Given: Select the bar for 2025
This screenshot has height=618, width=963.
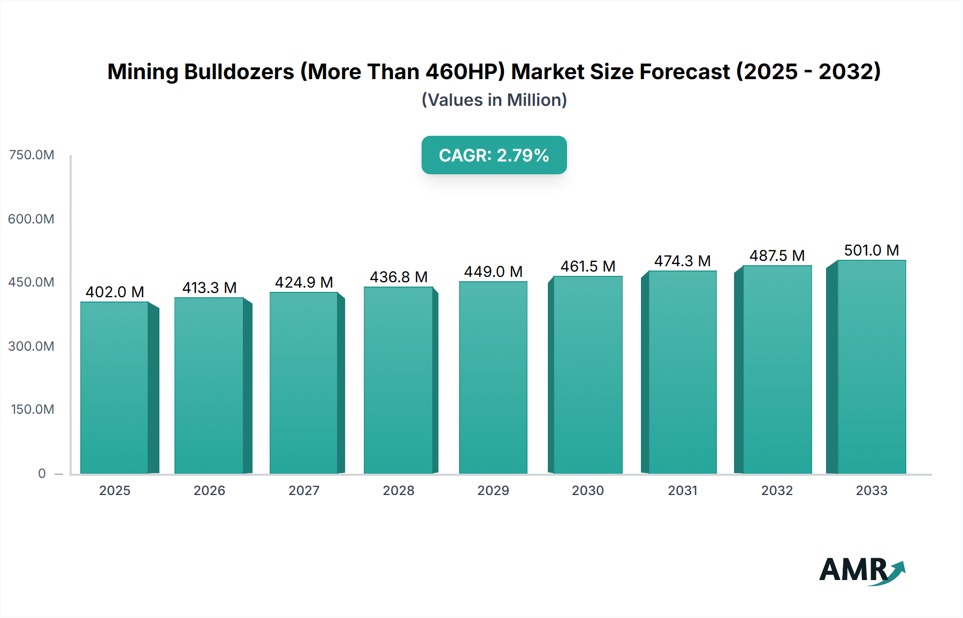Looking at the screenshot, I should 114,388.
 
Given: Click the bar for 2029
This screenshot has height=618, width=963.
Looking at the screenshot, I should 493,377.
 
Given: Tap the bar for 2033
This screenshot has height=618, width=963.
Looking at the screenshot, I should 871,367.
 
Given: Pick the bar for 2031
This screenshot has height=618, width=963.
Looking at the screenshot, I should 682,372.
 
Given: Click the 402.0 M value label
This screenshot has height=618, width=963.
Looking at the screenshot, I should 114,292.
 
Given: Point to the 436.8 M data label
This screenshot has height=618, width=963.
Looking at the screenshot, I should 399,277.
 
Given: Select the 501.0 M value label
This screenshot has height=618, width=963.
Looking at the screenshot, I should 871,250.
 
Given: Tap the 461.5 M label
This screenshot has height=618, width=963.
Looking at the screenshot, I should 587,266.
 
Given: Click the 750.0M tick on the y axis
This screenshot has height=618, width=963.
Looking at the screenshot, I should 32,155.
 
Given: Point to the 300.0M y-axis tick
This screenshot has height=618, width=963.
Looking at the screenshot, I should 32,346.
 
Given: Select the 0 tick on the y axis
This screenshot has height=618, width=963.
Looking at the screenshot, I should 42,473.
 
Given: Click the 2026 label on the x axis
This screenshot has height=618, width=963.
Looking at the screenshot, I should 209,490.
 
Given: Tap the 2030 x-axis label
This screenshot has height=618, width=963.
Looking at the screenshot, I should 587,490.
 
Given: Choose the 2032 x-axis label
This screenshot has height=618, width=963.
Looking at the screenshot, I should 777,490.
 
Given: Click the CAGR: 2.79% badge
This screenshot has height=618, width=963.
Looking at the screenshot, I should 494,155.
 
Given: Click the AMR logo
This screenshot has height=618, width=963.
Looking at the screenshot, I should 861,570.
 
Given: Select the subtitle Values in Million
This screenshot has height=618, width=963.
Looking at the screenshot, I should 494,100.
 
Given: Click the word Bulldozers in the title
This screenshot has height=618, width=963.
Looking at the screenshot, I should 239,72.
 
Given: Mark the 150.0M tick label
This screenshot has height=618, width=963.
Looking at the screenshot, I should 32,410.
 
